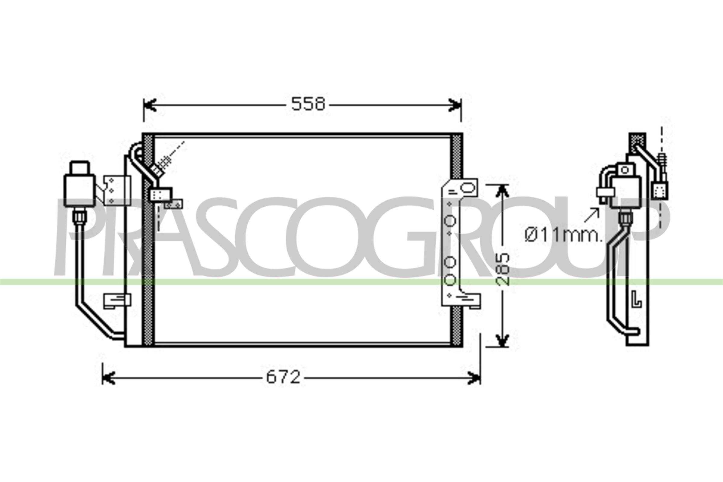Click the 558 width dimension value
click(x=308, y=104)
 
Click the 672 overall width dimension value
click(x=283, y=377)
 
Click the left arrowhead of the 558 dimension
click(x=150, y=105)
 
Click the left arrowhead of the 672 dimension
click(x=108, y=378)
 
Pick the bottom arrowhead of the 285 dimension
click(x=501, y=340)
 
